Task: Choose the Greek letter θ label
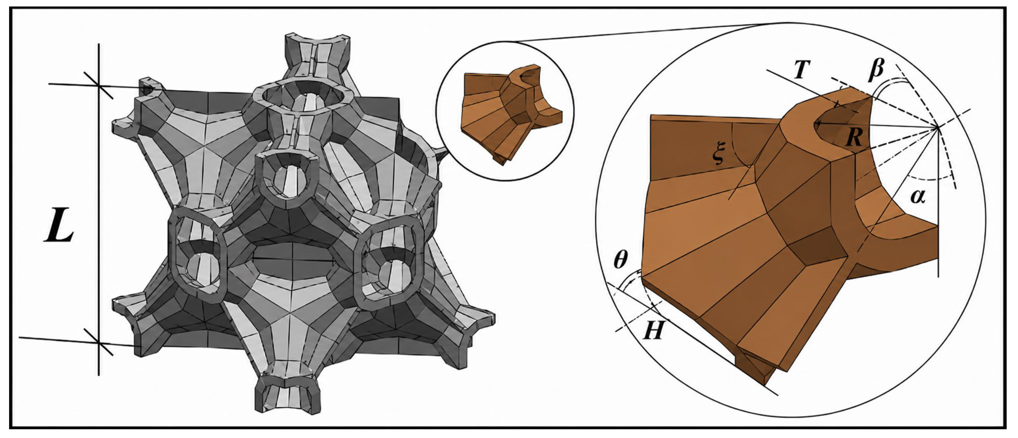point(621,261)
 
